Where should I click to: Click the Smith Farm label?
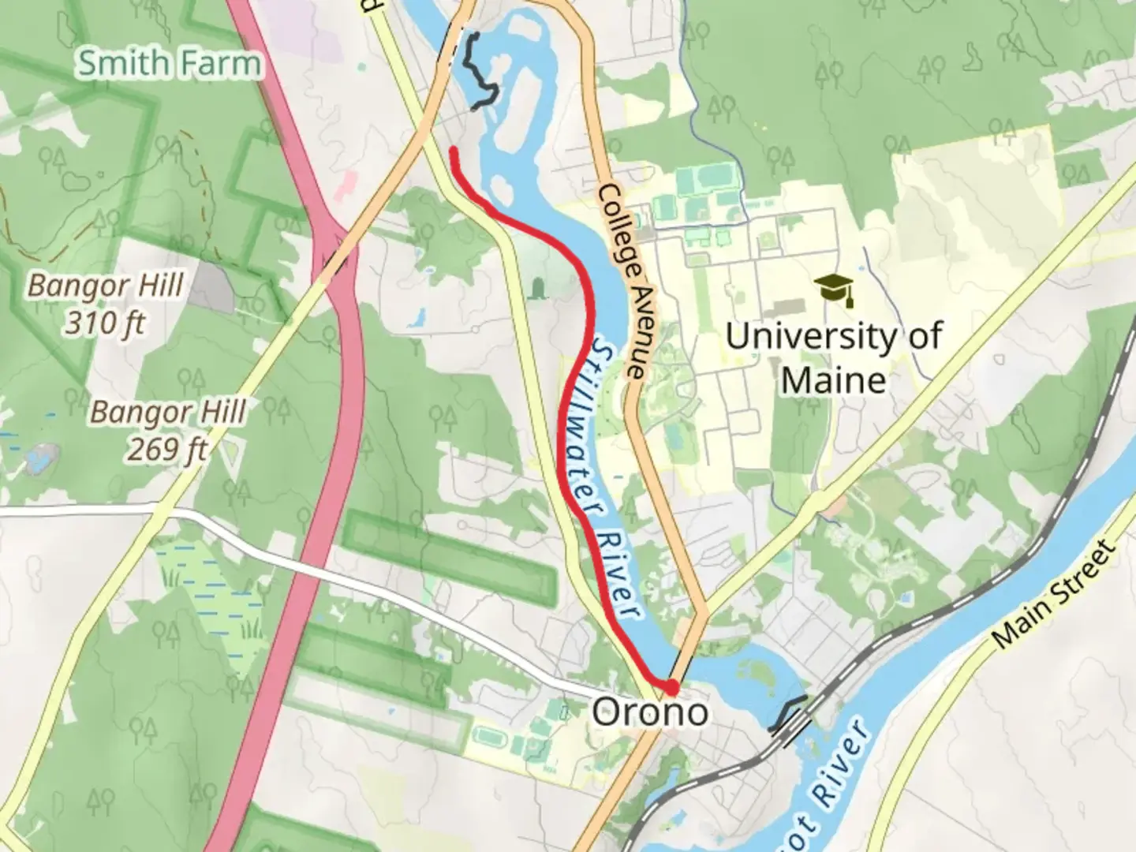pyautogui.click(x=168, y=63)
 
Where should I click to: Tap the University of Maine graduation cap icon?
pyautogui.click(x=835, y=290)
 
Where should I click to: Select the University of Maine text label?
pyautogui.click(x=833, y=358)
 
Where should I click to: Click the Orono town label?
pyautogui.click(x=650, y=713)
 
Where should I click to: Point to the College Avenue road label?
pyautogui.click(x=623, y=281)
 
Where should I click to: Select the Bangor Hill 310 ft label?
pyautogui.click(x=106, y=304)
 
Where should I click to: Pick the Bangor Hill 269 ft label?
pyautogui.click(x=167, y=430)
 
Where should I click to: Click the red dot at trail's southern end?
pyautogui.click(x=671, y=686)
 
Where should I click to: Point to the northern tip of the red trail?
pyautogui.click(x=453, y=149)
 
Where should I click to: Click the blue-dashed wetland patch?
pyautogui.click(x=209, y=592)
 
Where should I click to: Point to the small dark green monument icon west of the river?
pyautogui.click(x=539, y=288)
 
